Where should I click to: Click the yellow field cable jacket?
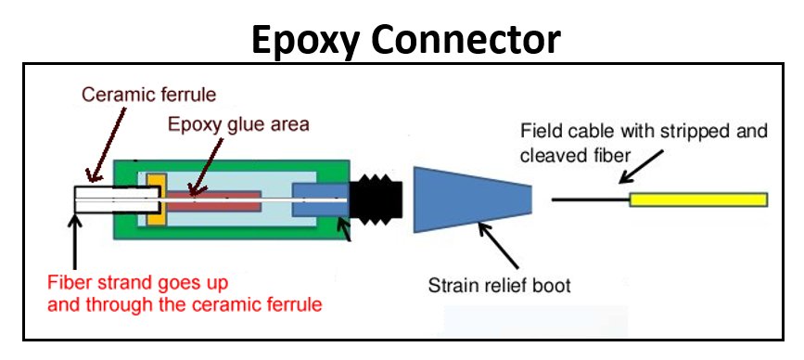[697, 199]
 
